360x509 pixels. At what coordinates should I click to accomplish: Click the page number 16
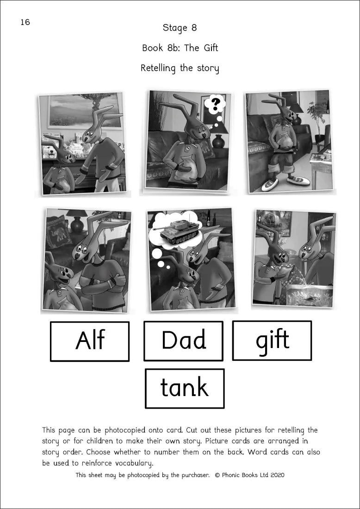25,22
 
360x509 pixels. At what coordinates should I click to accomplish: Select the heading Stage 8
180,28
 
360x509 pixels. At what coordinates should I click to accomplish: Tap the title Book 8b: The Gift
180,48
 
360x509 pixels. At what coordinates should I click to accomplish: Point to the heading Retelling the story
180,68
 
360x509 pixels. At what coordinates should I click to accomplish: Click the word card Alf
89,341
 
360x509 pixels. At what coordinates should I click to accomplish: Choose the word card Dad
183,341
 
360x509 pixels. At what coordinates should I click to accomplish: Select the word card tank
184,388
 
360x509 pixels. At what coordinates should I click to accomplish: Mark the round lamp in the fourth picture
76,223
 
